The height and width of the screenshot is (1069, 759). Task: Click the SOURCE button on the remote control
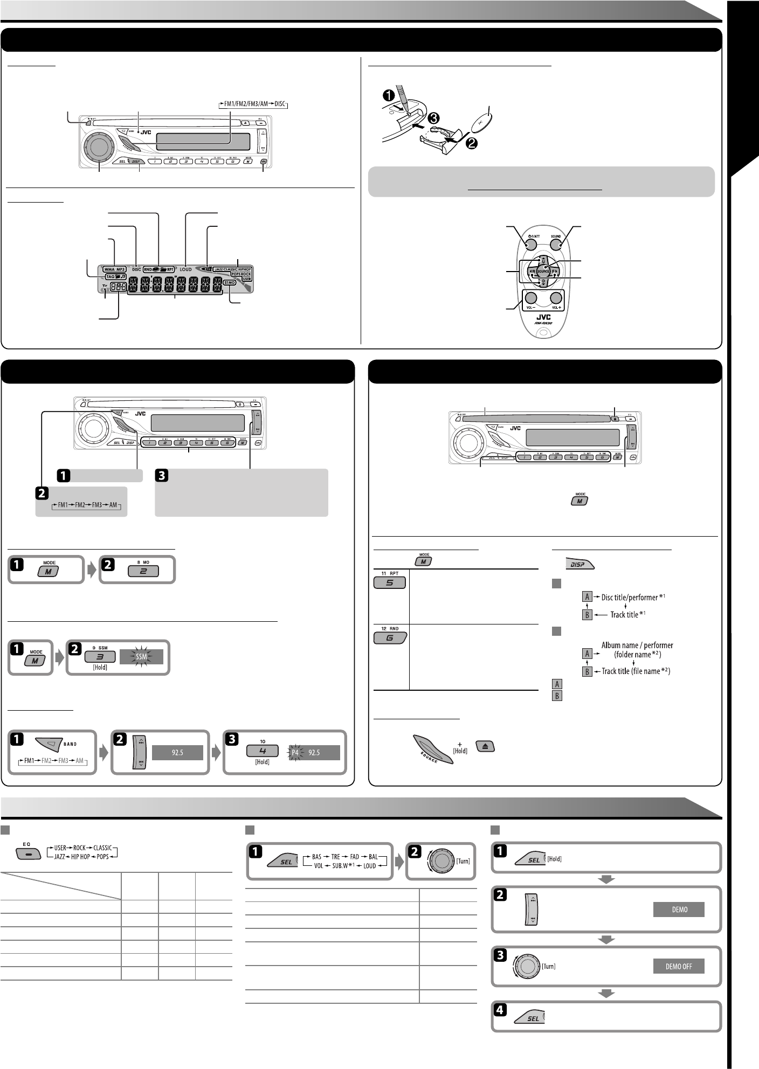[x=543, y=271]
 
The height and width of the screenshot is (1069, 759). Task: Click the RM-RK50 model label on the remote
[x=542, y=324]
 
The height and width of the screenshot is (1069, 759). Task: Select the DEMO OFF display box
[x=679, y=966]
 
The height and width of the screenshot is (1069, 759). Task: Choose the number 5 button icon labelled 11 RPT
[x=389, y=582]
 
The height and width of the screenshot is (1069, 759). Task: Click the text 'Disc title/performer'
[x=629, y=597]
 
